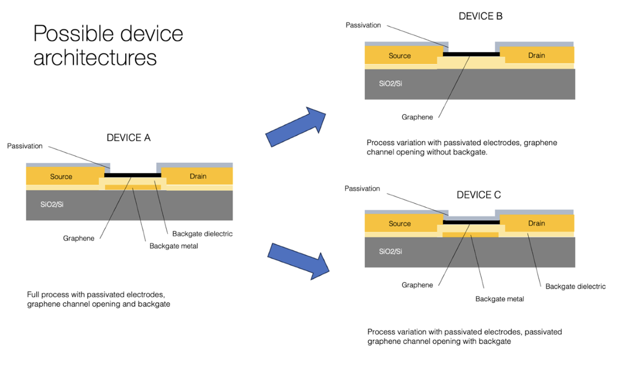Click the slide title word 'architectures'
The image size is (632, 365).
click(x=95, y=57)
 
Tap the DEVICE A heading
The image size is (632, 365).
click(x=128, y=138)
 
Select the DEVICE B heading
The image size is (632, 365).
click(x=480, y=16)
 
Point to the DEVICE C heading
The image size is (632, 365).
click(x=479, y=195)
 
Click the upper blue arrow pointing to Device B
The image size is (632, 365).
click(x=296, y=126)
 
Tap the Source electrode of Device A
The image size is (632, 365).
click(x=61, y=176)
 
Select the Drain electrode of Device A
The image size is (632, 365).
click(x=198, y=176)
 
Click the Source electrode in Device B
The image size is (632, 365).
click(x=400, y=56)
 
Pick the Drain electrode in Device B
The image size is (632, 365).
click(x=537, y=56)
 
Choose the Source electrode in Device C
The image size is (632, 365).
click(x=400, y=223)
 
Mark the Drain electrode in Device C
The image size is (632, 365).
click(x=537, y=223)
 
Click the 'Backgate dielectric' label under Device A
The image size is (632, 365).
click(x=202, y=234)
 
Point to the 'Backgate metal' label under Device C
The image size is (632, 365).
click(x=499, y=298)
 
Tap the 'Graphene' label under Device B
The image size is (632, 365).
click(x=417, y=117)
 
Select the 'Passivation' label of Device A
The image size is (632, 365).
click(x=25, y=146)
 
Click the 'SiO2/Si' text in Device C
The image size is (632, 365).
click(x=391, y=251)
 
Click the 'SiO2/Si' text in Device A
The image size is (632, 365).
click(x=52, y=204)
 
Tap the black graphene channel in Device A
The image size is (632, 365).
click(x=133, y=175)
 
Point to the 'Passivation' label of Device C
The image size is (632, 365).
click(x=362, y=189)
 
